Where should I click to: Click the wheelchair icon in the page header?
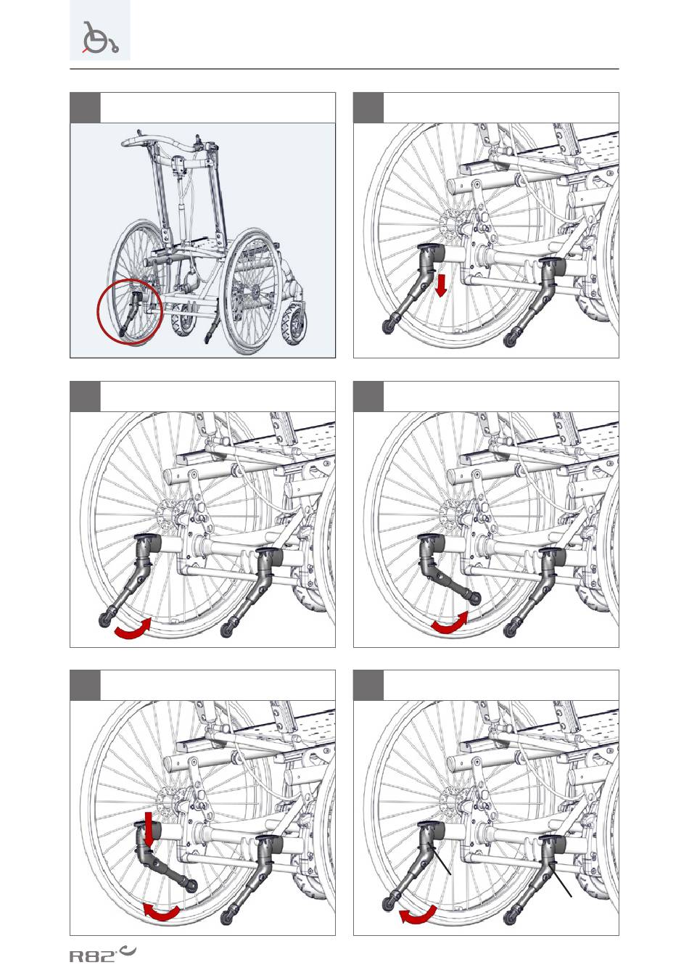tap(99, 38)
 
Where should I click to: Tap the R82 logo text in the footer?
tap(92, 956)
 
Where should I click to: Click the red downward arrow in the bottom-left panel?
tap(149, 829)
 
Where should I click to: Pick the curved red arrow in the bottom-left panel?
tap(161, 912)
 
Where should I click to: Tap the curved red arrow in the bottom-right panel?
tap(418, 915)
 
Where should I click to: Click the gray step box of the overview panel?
tap(85, 107)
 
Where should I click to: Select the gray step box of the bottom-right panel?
tap(368, 685)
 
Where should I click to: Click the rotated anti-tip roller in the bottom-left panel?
tap(191, 885)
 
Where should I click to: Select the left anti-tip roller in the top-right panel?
tap(388, 326)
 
